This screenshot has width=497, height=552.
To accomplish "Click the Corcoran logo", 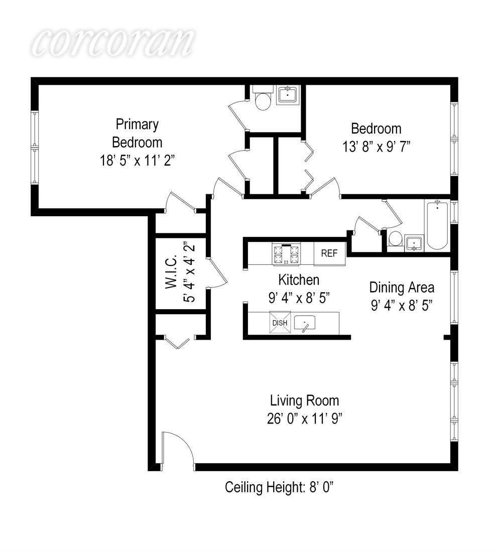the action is (113, 42).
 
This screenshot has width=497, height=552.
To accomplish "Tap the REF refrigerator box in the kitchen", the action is (329, 253).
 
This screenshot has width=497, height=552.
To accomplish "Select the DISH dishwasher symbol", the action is (280, 323).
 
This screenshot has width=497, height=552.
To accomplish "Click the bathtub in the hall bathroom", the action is (437, 225).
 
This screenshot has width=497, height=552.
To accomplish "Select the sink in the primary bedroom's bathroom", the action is (288, 94).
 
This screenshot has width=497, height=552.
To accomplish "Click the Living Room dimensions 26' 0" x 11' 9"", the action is (305, 419).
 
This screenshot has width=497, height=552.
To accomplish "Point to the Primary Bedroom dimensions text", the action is (138, 161).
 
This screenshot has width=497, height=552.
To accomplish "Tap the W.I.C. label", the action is (172, 272).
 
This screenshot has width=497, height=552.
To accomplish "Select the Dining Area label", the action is (402, 287).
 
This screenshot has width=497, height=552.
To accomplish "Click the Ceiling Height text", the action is (279, 488).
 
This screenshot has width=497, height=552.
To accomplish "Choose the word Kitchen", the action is (299, 280).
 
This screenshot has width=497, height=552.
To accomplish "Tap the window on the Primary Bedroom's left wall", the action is (35, 148).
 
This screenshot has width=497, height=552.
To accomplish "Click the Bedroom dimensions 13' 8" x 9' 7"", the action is (377, 147).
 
